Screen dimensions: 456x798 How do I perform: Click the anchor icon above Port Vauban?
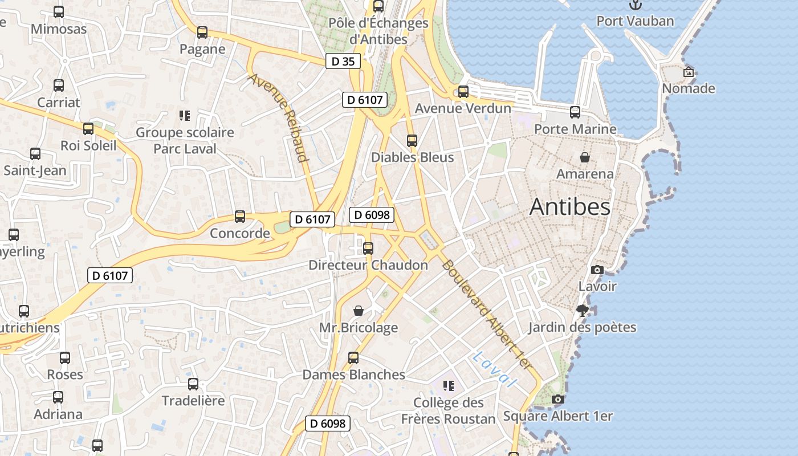tap(635, 5)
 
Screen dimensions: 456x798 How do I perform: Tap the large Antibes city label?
tap(570, 207)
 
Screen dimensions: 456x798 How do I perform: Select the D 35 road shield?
tap(343, 62)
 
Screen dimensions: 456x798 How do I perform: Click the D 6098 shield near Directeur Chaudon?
tap(372, 215)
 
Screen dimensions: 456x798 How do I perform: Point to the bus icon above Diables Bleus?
tap(412, 140)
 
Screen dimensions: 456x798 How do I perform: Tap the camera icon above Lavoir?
tap(597, 270)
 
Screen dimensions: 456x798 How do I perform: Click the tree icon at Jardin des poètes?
tap(582, 311)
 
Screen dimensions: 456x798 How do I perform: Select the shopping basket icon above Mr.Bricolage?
tap(359, 311)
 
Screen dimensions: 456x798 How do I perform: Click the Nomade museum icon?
tap(689, 72)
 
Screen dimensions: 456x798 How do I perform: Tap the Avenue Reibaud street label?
tap(279, 117)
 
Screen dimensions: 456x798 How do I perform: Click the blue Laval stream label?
tap(494, 369)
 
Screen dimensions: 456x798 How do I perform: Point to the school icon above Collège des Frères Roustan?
tap(449, 386)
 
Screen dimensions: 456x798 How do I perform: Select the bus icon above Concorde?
tap(240, 217)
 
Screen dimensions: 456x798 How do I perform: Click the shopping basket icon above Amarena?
tap(585, 157)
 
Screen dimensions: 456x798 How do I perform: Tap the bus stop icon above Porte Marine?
tap(575, 112)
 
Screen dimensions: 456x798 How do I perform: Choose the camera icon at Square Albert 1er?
tap(558, 400)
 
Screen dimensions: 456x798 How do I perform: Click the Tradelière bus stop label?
tap(193, 401)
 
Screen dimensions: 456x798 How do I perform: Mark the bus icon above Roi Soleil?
tap(88, 129)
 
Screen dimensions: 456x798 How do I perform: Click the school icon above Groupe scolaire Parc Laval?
tap(184, 116)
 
